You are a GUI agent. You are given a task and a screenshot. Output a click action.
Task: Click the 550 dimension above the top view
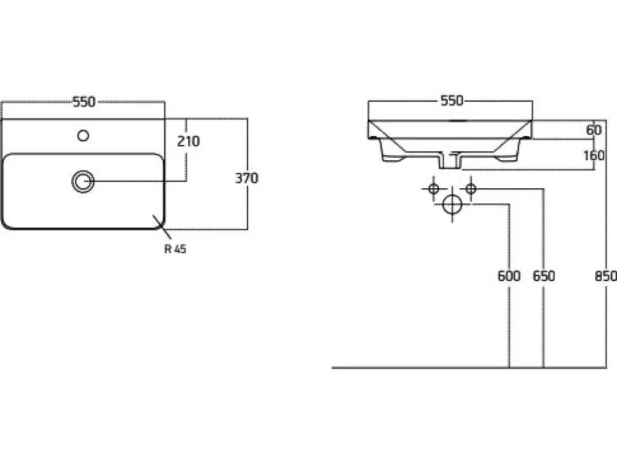tap(84, 102)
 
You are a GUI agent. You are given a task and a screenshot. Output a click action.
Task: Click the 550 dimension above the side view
tap(452, 100)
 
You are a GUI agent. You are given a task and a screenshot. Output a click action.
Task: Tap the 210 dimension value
tap(188, 141)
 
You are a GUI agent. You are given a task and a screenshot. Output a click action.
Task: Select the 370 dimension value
tap(247, 178)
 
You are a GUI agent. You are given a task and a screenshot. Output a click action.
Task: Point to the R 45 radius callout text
tap(175, 249)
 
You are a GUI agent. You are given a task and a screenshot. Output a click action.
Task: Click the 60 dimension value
tap(594, 130)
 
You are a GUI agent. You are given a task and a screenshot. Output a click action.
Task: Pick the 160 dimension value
tap(594, 155)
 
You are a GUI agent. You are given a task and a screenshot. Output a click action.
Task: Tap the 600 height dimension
tap(509, 276)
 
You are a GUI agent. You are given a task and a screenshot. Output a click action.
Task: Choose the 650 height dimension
tap(544, 276)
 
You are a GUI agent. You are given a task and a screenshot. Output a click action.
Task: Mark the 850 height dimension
tap(606, 276)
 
